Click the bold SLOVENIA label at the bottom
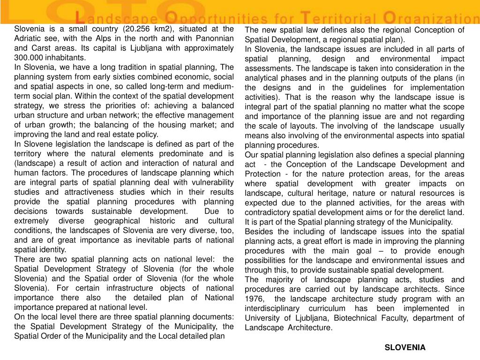(405, 347)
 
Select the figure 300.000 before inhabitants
(30, 58)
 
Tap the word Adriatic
(29, 38)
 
